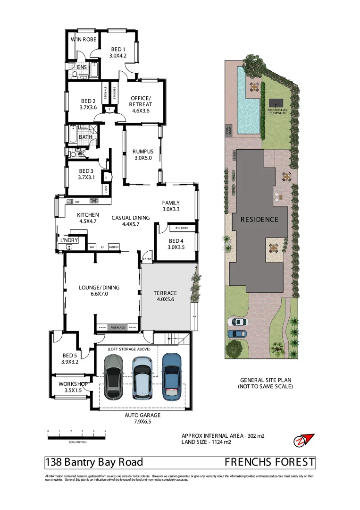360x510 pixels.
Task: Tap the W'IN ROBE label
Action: [84, 40]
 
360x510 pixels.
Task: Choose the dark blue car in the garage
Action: [171, 376]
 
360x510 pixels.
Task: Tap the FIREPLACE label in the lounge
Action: [118, 327]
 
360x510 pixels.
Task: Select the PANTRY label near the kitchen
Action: [114, 246]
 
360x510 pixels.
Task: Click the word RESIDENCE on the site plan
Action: [259, 220]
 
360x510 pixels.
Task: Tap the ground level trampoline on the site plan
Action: [276, 102]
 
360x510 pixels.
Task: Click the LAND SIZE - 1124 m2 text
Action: [206, 442]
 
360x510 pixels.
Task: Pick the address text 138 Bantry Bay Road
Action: [94, 462]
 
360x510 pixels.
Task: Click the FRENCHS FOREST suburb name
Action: [269, 462]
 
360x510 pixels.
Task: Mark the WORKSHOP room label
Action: [74, 384]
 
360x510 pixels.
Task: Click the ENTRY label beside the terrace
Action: [147, 259]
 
